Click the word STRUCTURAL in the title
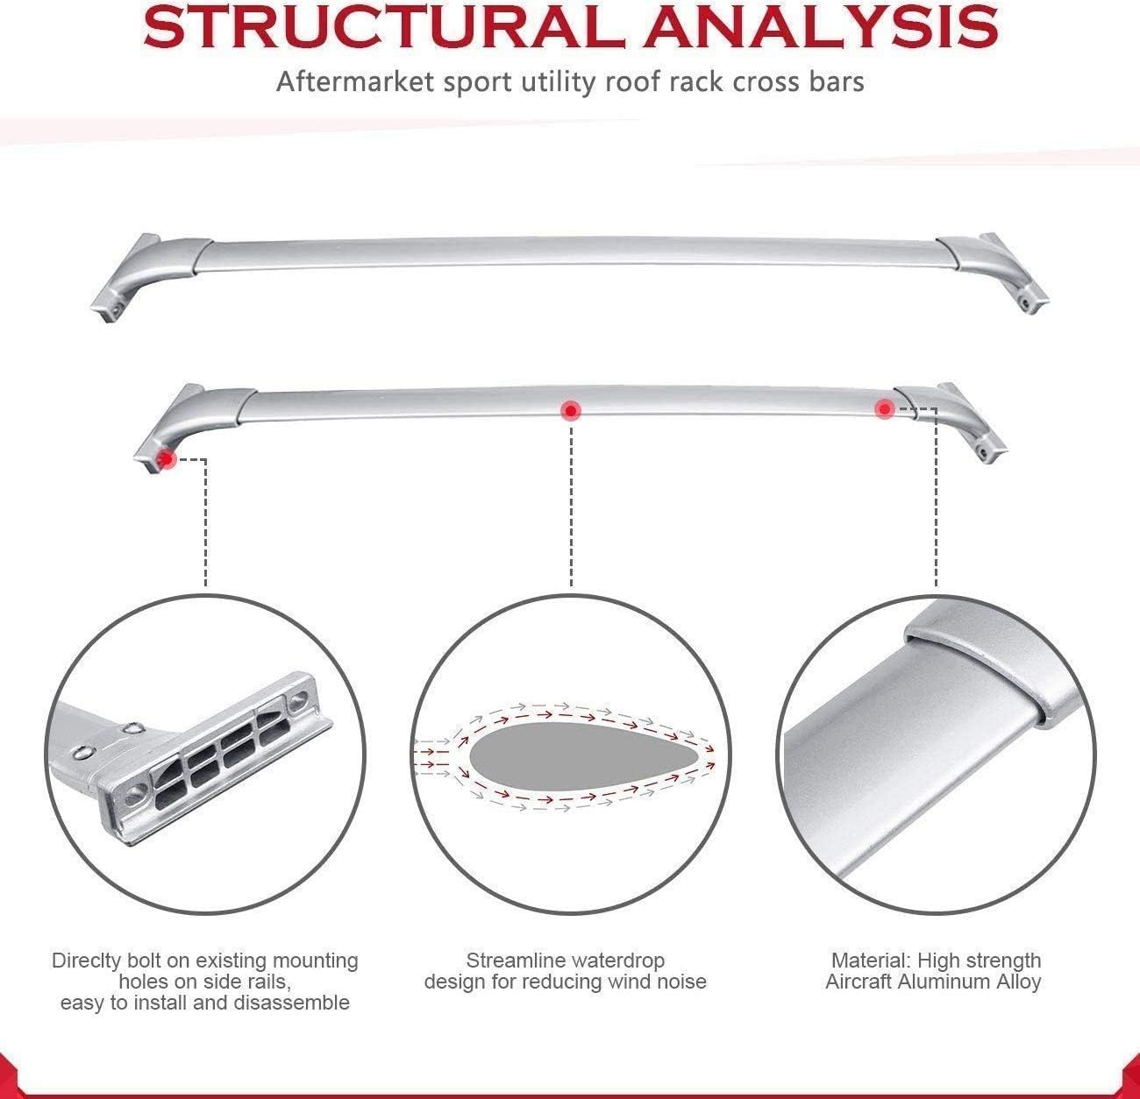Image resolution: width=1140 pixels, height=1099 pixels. [385, 27]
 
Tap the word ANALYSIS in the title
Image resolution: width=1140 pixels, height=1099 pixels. [820, 27]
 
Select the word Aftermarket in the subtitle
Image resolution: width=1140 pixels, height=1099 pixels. [357, 82]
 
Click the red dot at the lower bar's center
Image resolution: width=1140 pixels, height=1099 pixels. [570, 410]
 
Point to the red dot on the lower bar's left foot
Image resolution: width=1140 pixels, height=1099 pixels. [167, 458]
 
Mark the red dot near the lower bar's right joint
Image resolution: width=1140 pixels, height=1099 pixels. [885, 409]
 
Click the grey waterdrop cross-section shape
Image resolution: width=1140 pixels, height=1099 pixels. [583, 756]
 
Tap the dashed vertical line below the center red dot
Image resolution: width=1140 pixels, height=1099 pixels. [571, 506]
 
